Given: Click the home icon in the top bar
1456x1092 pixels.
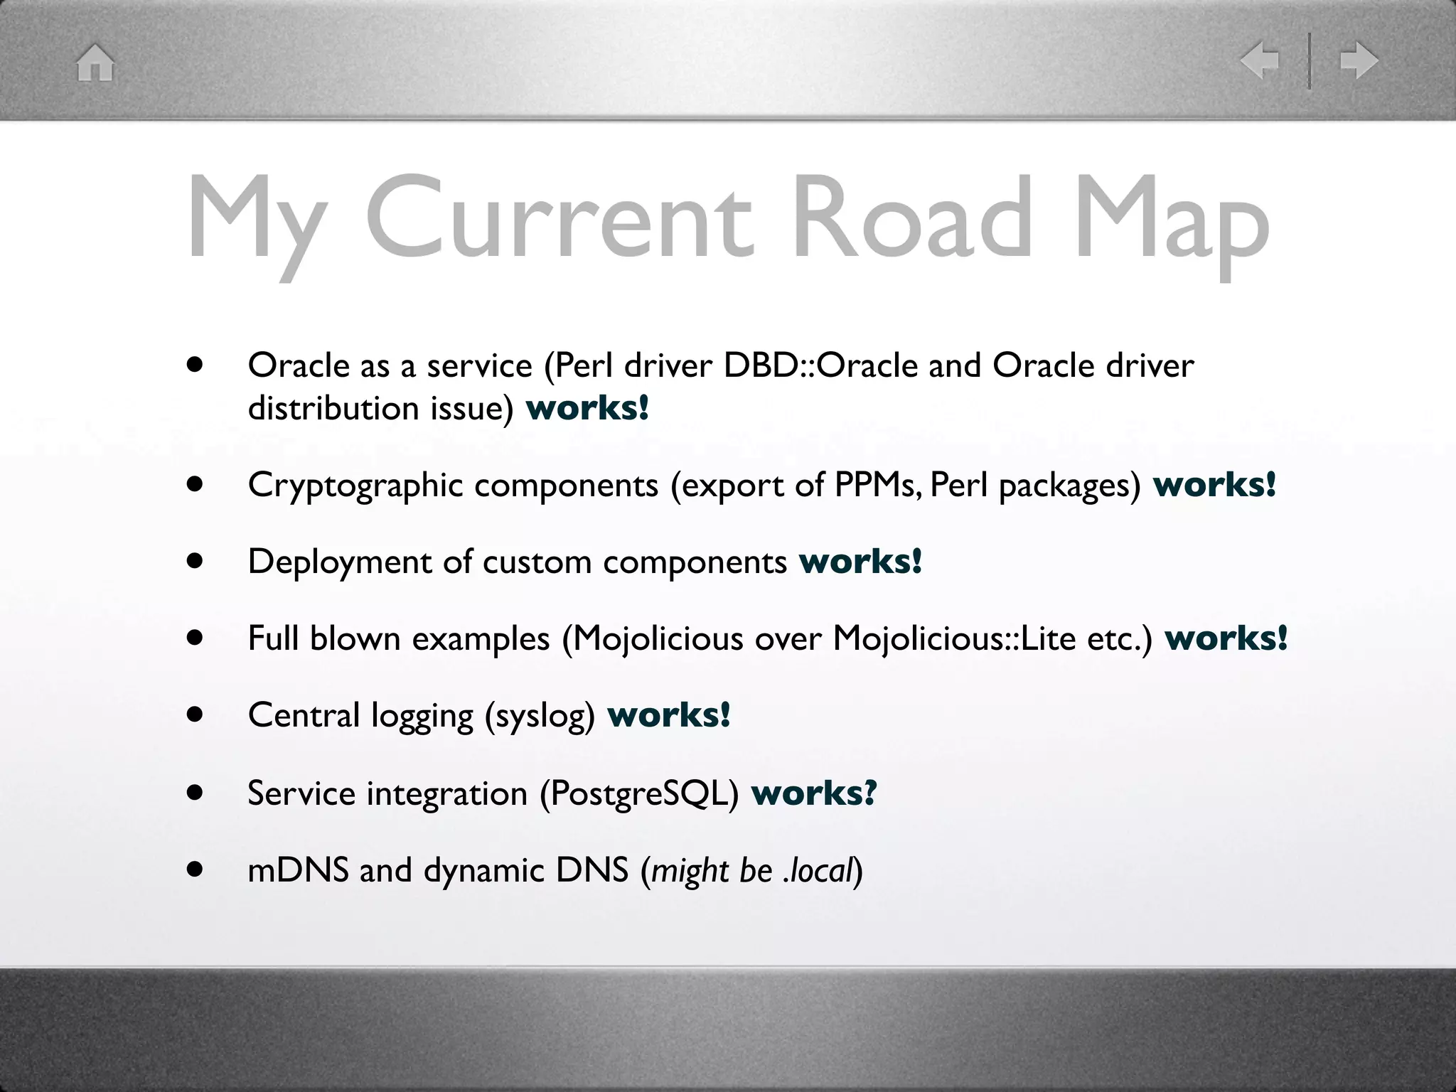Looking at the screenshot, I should pyautogui.click(x=95, y=63).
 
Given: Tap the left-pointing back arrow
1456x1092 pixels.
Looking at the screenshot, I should pyautogui.click(x=1260, y=60).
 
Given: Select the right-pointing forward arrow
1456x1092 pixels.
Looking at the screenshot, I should pyautogui.click(x=1359, y=60).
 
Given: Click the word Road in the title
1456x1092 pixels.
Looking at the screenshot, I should pyautogui.click(x=911, y=217).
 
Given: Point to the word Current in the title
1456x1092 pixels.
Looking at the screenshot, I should pyautogui.click(x=558, y=217).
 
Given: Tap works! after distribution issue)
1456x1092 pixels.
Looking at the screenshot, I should pyautogui.click(x=587, y=409).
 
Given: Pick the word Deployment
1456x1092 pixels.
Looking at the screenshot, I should pyautogui.click(x=339, y=562).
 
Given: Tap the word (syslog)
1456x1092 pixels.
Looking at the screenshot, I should pyautogui.click(x=540, y=716).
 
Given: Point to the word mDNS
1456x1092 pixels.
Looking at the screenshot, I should pyautogui.click(x=298, y=870).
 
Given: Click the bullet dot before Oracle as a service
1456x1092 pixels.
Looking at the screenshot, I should pyautogui.click(x=195, y=365).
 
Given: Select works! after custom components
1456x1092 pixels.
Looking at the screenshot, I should pyautogui.click(x=860, y=562).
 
